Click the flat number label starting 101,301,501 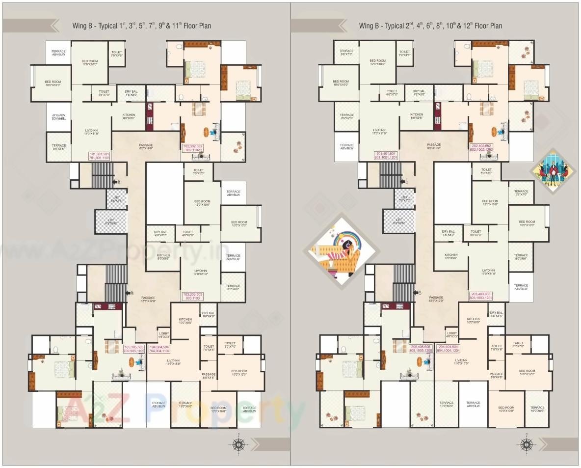pyautogui.click(x=99, y=156)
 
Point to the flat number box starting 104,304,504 pyautogui.click(x=159, y=349)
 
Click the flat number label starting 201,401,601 pyautogui.click(x=386, y=156)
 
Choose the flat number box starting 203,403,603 pyautogui.click(x=481, y=296)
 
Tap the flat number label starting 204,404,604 pyautogui.click(x=448, y=349)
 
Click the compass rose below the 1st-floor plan pyautogui.click(x=238, y=444)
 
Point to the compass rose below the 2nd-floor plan pyautogui.click(x=527, y=444)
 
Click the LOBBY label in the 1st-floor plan pyautogui.click(x=164, y=335)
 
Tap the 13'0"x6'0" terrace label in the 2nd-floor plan pyautogui.click(x=447, y=405)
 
